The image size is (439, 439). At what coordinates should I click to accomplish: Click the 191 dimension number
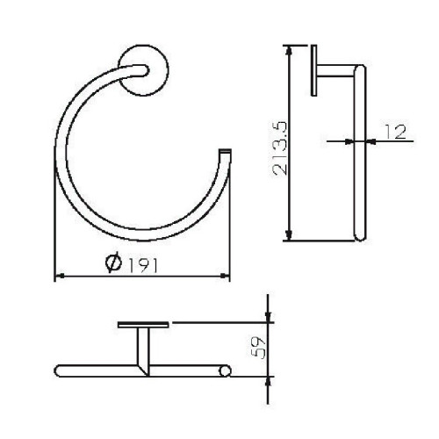[x=143, y=266]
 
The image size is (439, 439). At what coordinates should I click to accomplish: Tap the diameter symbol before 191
[x=114, y=262]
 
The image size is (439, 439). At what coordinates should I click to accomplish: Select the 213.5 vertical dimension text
[x=280, y=148]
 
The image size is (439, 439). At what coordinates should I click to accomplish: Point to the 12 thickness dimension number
[x=395, y=132]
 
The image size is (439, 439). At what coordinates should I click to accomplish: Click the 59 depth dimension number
[x=258, y=348]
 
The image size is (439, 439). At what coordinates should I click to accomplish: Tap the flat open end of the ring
[x=225, y=151]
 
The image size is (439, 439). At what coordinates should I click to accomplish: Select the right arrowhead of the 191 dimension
[x=225, y=276]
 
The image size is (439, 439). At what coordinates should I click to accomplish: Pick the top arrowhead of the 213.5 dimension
[x=289, y=51]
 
